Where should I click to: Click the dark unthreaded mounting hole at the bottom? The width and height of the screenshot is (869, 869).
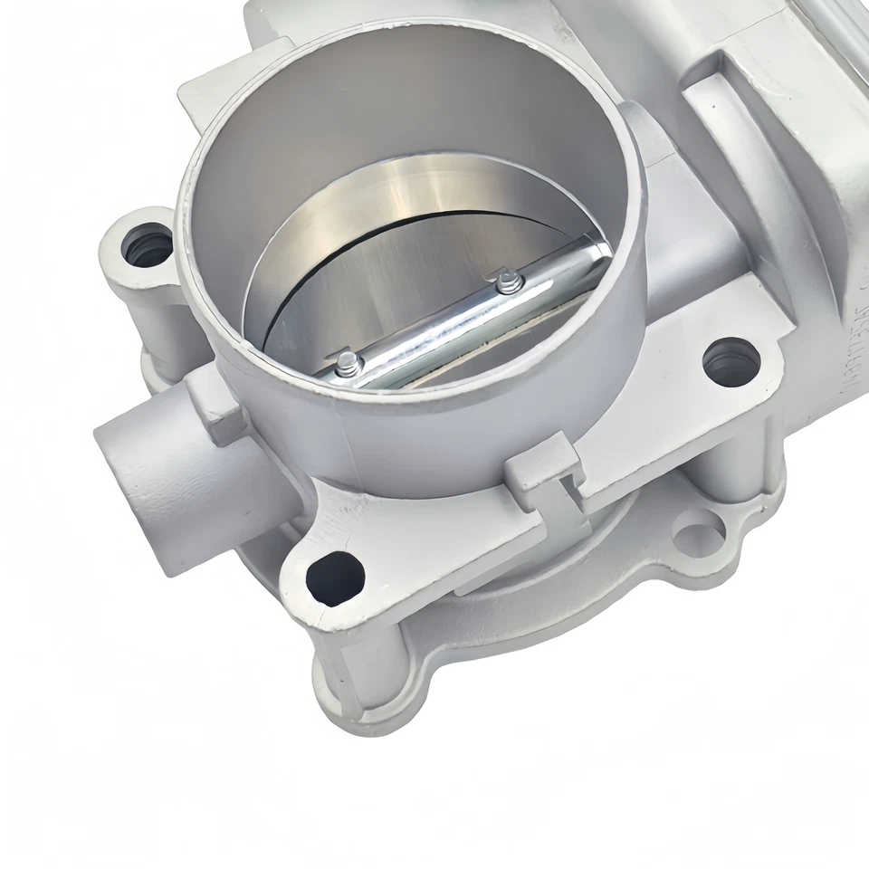334,577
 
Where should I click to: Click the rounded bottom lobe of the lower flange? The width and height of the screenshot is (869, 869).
362,697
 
